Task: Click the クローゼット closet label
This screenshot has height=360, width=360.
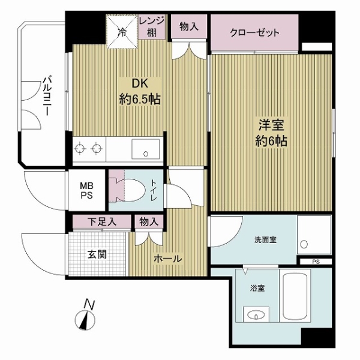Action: (x=254, y=33)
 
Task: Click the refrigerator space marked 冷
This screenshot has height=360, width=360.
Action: (x=122, y=30)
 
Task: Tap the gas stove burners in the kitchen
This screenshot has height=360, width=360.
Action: (x=88, y=148)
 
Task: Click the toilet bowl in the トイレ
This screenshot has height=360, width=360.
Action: (x=133, y=190)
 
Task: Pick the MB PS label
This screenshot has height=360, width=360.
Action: (x=88, y=190)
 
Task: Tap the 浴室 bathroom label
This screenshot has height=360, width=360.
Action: (x=257, y=289)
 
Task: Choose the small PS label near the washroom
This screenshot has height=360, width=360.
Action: (x=316, y=262)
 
